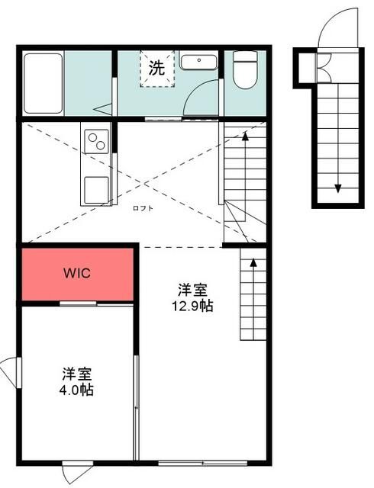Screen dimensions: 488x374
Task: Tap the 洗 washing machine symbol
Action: (156, 68)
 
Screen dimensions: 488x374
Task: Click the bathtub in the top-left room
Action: (41, 83)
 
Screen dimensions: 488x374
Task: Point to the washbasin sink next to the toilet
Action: (200, 62)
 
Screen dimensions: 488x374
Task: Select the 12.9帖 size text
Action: (192, 306)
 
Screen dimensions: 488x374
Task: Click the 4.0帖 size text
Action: (77, 390)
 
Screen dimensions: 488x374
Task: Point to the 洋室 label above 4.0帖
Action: (77, 374)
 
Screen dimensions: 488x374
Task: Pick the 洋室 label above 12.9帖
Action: (192, 291)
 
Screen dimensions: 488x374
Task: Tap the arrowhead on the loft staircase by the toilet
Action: (245, 136)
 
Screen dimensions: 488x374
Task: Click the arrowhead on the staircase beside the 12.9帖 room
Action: (253, 263)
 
